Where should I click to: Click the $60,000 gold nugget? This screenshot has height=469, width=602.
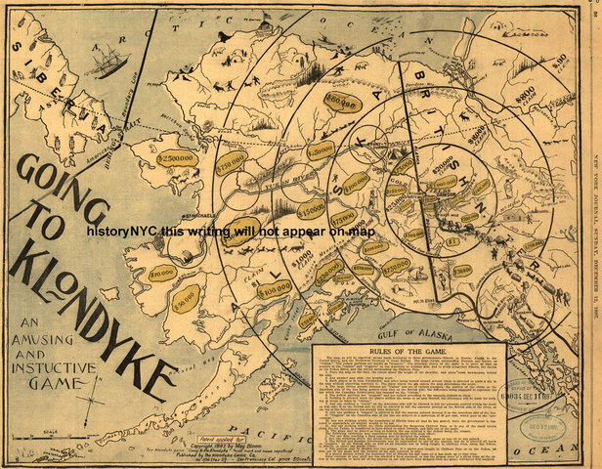[x=344, y=99]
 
